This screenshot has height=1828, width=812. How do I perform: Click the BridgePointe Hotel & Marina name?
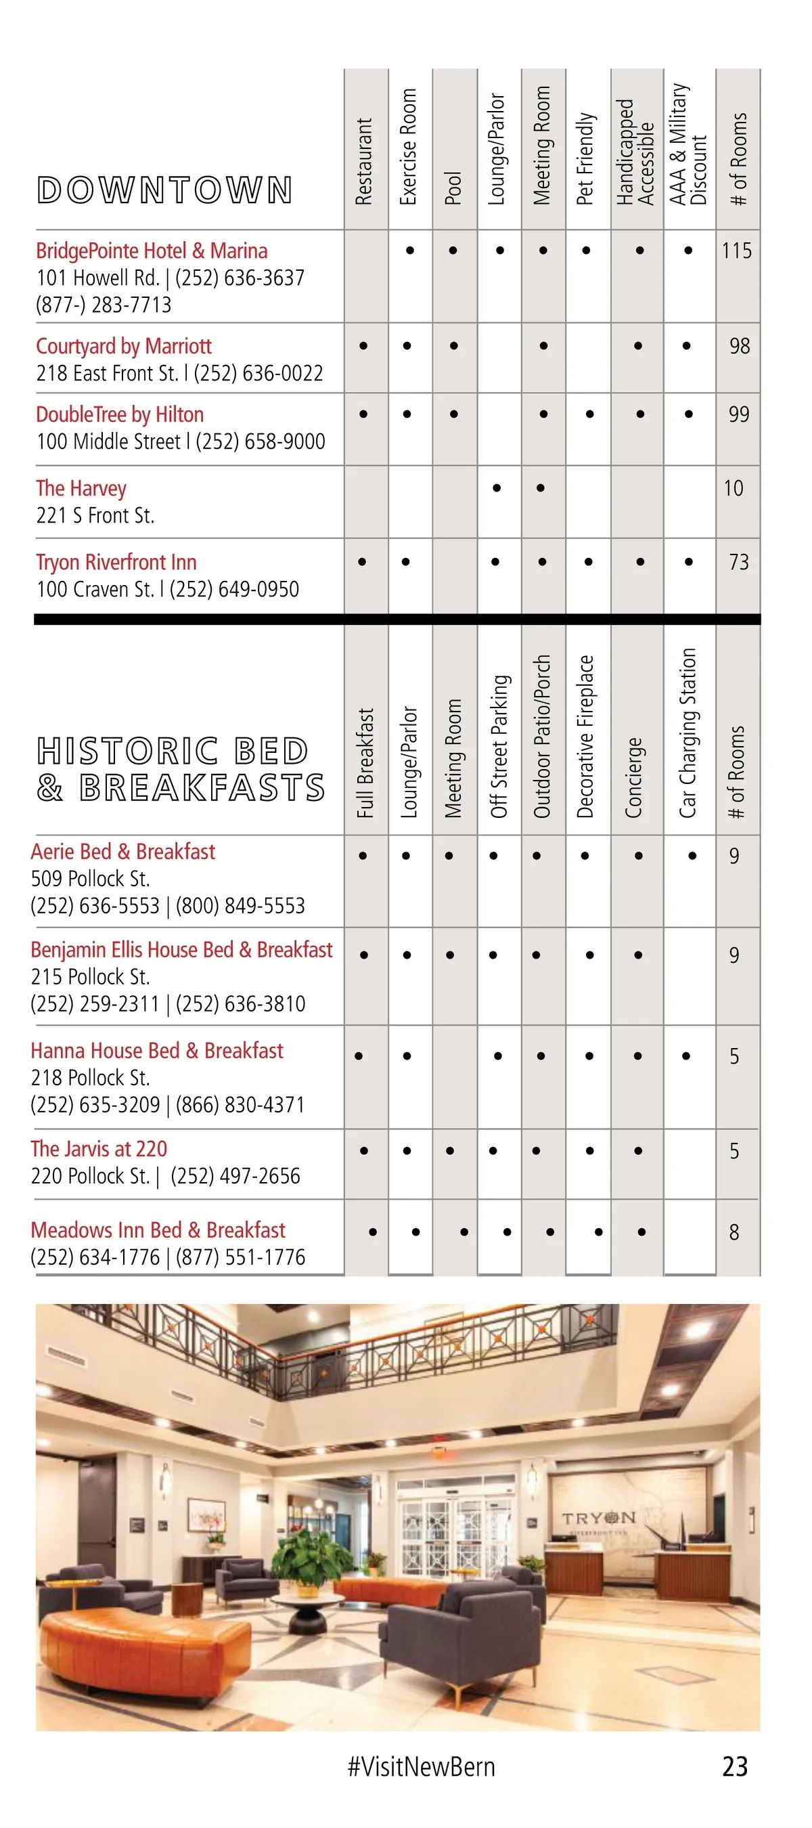[x=152, y=251]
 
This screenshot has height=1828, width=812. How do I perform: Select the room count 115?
[x=737, y=251]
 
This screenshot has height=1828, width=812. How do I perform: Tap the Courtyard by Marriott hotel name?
[x=124, y=346]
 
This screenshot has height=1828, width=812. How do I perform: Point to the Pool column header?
[x=454, y=188]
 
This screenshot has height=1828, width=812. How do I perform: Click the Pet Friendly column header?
[x=585, y=159]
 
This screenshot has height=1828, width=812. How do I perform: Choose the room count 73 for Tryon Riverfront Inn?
[x=739, y=562]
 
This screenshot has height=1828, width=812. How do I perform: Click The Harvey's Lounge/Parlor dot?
[x=497, y=488]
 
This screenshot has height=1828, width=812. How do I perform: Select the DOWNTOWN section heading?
[x=164, y=190]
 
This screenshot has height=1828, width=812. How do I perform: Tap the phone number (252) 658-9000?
[x=261, y=442]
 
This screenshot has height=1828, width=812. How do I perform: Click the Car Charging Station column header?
[x=688, y=733]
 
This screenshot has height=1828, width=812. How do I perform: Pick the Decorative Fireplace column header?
[x=586, y=736]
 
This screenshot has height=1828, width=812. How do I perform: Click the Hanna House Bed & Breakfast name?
[x=157, y=1051]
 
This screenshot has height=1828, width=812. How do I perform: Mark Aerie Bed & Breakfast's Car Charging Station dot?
[x=692, y=856]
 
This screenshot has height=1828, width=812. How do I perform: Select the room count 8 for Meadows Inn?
[x=734, y=1232]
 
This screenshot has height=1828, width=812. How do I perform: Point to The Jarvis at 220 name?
[x=99, y=1149]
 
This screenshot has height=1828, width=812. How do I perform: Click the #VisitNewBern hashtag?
[x=422, y=1766]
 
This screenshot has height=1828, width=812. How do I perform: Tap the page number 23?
[x=735, y=1766]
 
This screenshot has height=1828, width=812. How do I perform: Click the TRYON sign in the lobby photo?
[x=600, y=1518]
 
